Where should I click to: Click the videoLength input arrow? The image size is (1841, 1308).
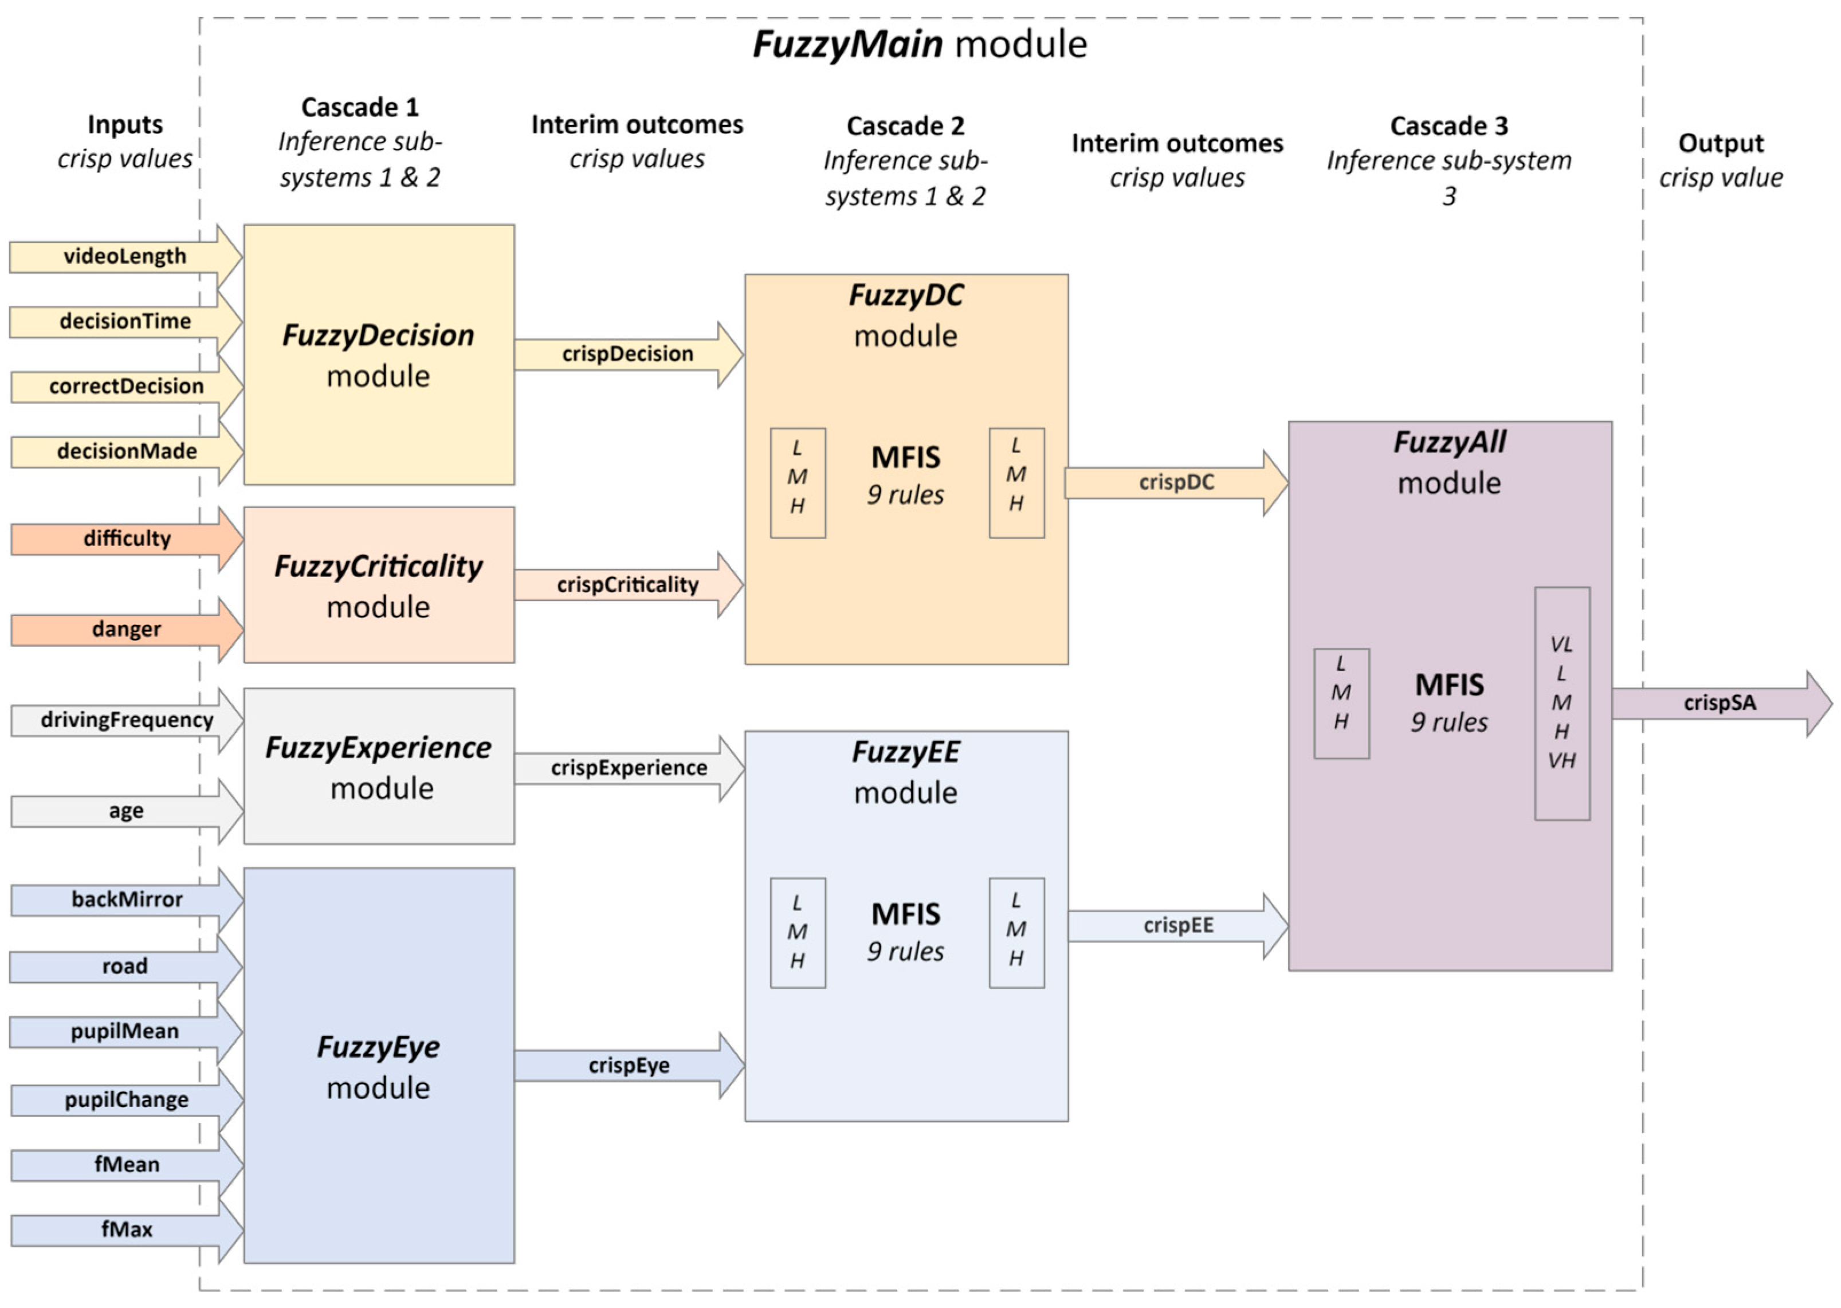pos(125,256)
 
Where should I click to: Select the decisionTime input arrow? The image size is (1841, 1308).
pos(125,321)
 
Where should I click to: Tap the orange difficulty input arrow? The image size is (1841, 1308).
pos(127,538)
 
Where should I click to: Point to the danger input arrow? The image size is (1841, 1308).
pos(127,629)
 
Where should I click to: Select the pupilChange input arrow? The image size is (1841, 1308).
pos(127,1099)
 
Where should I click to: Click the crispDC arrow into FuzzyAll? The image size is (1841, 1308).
pos(1176,482)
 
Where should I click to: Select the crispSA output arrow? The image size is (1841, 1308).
pos(1720,702)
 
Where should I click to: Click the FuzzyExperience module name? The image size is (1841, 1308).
pos(379,748)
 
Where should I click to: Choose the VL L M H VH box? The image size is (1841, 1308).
pos(1561,702)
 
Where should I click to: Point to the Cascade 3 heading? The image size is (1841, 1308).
pos(1449,125)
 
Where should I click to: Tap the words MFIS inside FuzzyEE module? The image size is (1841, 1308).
pos(905,914)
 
